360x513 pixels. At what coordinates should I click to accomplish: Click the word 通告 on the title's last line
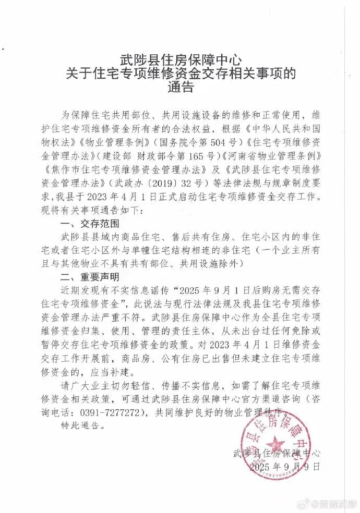point(180,87)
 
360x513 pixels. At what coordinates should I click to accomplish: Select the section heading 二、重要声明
point(91,276)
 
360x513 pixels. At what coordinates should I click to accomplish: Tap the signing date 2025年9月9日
point(284,466)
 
